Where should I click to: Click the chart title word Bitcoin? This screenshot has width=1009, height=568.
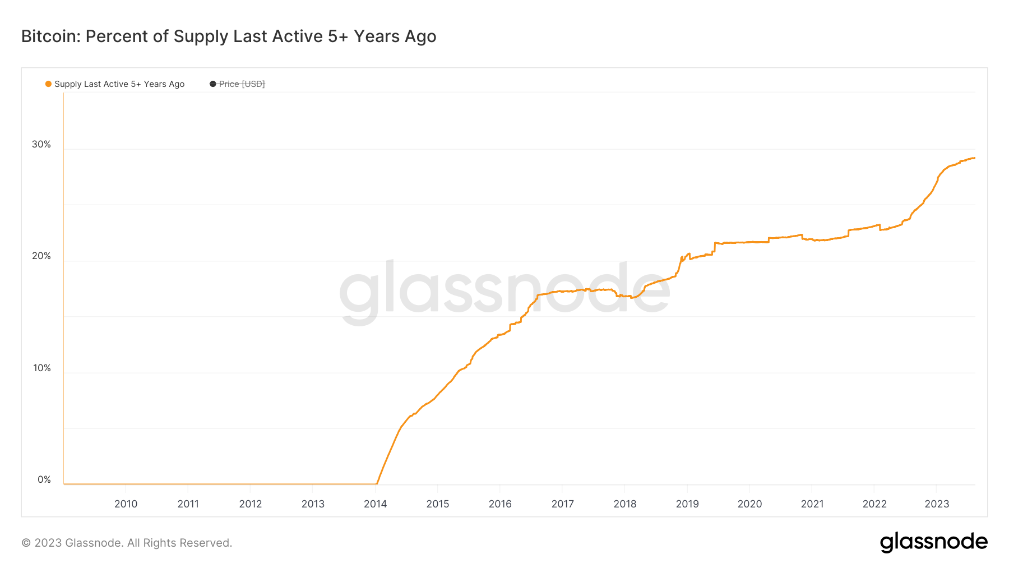(x=50, y=36)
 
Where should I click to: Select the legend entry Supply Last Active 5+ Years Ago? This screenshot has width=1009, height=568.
(x=119, y=84)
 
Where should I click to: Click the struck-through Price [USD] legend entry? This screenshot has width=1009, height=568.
(x=242, y=84)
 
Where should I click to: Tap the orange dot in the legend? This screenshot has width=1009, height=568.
(x=48, y=84)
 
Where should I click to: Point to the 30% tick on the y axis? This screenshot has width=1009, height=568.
(x=41, y=145)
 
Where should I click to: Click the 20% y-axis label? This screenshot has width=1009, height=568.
(x=41, y=256)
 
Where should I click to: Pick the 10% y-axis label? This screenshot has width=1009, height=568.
(x=41, y=368)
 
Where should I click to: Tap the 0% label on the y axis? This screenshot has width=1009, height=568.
(x=44, y=480)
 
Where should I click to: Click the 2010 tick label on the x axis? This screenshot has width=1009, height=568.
(x=126, y=504)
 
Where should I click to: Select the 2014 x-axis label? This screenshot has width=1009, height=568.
(x=375, y=504)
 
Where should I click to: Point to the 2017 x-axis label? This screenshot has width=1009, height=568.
(x=562, y=504)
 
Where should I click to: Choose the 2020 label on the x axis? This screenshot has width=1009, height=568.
(x=749, y=504)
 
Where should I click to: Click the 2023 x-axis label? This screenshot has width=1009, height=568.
(x=937, y=504)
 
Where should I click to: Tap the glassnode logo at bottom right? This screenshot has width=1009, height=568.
(x=933, y=542)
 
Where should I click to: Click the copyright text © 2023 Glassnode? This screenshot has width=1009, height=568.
(x=127, y=543)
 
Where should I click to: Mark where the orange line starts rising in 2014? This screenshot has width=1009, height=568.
(x=377, y=483)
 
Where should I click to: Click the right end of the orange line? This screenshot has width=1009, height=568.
(x=974, y=158)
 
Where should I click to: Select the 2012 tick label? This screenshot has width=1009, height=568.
(x=251, y=504)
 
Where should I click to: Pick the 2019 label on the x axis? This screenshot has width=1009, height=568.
(x=687, y=504)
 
